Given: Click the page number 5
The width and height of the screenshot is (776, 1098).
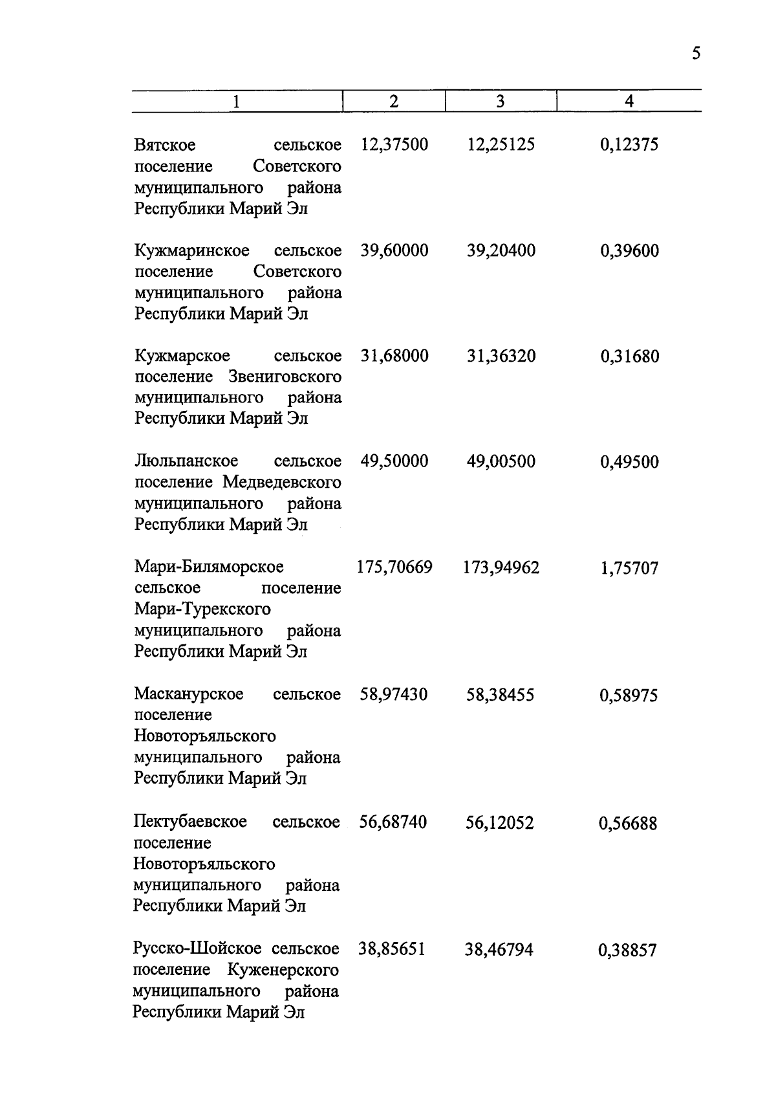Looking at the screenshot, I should pyautogui.click(x=695, y=53).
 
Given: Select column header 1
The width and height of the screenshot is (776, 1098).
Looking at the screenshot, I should pyautogui.click(x=237, y=102).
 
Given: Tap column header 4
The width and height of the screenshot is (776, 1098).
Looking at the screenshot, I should pyautogui.click(x=629, y=102).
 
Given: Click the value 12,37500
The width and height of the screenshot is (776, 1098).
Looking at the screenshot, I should pyautogui.click(x=394, y=144).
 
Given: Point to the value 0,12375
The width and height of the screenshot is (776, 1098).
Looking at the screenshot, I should pyautogui.click(x=629, y=144).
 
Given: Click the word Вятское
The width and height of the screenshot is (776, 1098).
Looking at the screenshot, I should pyautogui.click(x=165, y=144).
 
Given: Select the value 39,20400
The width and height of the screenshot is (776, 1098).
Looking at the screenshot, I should pyautogui.click(x=501, y=250).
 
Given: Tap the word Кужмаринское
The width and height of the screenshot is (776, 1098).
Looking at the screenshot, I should pyautogui.click(x=192, y=250).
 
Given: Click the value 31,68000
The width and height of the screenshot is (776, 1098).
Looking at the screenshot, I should pyautogui.click(x=394, y=356).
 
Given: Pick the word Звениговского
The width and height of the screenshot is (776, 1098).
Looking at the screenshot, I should pyautogui.click(x=285, y=377).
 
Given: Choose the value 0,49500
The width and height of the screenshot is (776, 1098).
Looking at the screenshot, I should pyautogui.click(x=629, y=462).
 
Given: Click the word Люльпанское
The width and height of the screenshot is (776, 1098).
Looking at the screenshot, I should pyautogui.click(x=186, y=461).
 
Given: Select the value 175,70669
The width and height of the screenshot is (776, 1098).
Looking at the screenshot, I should pyautogui.click(x=394, y=567).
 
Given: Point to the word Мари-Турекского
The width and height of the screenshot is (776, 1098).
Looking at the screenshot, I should pyautogui.click(x=202, y=609).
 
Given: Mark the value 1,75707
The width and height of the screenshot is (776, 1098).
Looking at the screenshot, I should pyautogui.click(x=629, y=568).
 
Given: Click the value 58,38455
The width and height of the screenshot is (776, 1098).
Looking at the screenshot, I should pyautogui.click(x=500, y=695).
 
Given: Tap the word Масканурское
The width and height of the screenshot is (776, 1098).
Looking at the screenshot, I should pyautogui.click(x=189, y=694).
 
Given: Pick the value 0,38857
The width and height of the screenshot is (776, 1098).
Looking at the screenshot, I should pyautogui.click(x=627, y=950).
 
